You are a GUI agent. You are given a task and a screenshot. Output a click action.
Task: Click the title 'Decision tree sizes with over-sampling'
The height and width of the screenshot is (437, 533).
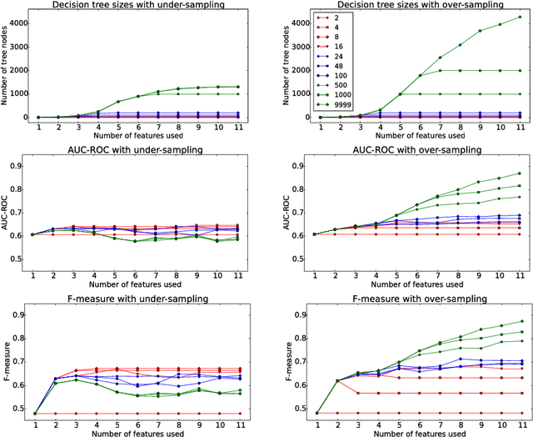click(411, 6)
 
